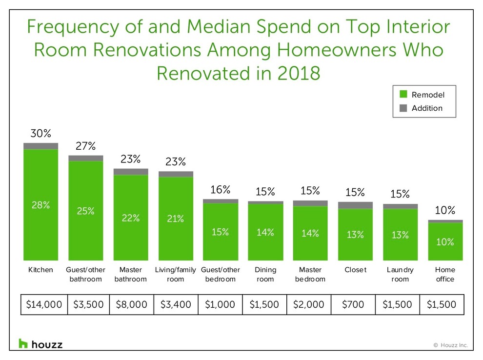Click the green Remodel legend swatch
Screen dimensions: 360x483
point(403,94)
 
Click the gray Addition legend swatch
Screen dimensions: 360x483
point(403,108)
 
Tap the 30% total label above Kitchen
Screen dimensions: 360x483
point(41,133)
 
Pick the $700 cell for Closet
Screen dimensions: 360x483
point(353,304)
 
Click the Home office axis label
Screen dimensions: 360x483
point(444,274)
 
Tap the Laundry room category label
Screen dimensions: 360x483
point(400,274)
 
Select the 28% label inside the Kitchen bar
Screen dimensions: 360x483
point(41,205)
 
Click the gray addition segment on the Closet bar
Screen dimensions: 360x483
point(355,205)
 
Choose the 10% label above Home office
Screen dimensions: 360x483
point(445,211)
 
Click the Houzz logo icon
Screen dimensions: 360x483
point(23,343)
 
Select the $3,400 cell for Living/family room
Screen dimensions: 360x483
point(176,304)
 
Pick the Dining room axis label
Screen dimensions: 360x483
point(265,274)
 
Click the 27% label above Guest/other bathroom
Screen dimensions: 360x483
point(86,146)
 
